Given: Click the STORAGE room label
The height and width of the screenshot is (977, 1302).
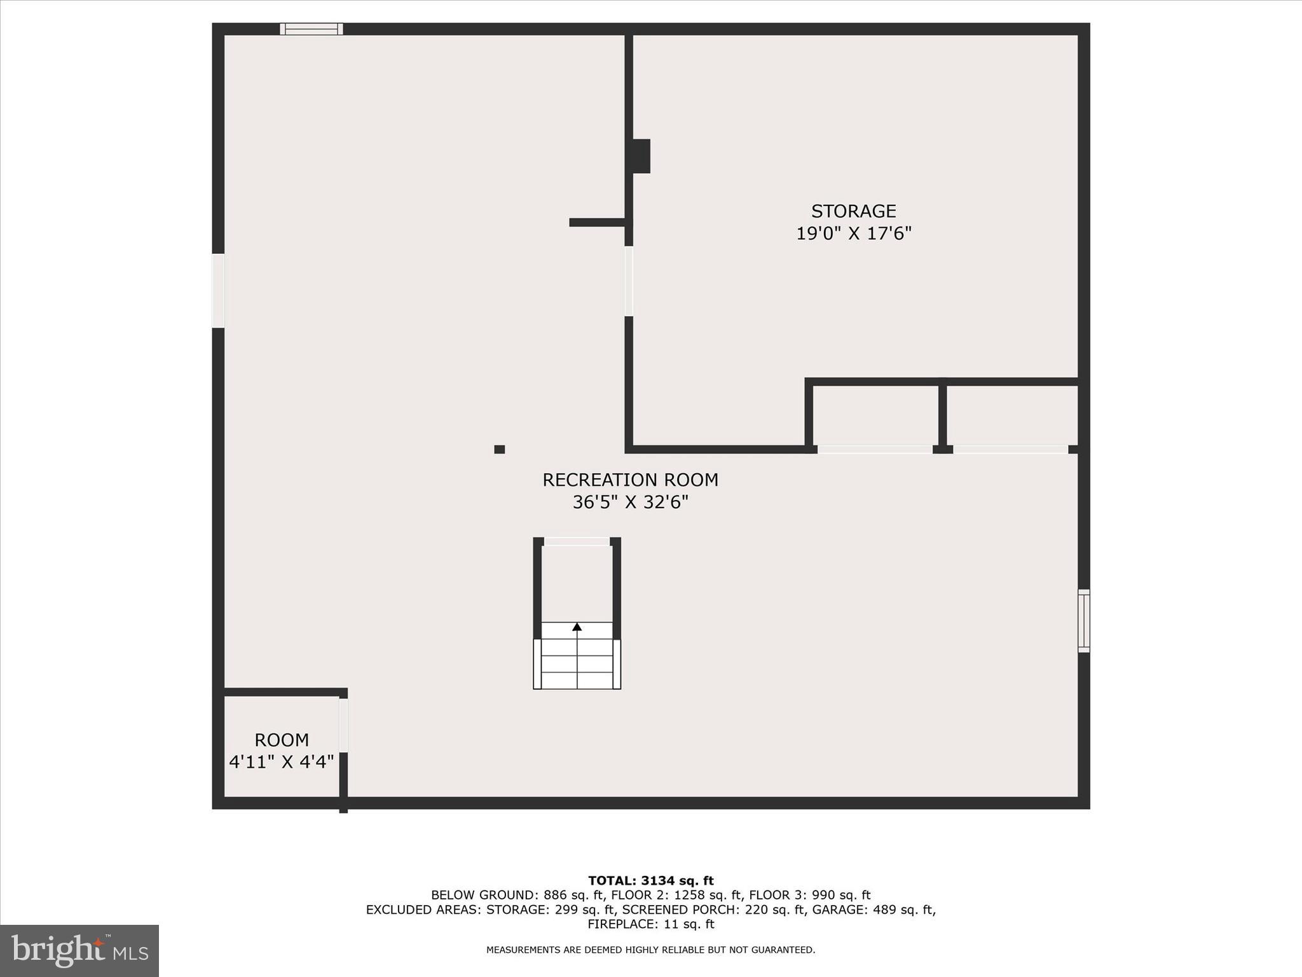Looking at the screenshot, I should (x=853, y=211).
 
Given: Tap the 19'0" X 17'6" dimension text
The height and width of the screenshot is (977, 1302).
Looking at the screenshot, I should (x=853, y=233).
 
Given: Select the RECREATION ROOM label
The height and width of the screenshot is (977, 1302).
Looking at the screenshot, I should (x=630, y=480).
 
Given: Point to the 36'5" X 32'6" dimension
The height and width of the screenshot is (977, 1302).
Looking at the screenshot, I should (x=630, y=502).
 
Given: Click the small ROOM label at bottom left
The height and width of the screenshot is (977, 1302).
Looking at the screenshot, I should (x=282, y=740).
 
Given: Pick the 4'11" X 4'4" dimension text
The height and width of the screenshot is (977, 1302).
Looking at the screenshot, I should (x=282, y=761).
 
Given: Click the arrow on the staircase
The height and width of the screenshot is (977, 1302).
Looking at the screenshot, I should (x=577, y=627).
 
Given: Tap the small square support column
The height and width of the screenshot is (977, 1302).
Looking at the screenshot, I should (x=500, y=449).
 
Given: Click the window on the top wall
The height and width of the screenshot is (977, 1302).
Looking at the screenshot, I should (x=312, y=29).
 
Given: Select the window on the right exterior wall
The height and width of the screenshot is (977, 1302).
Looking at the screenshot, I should (x=1084, y=621).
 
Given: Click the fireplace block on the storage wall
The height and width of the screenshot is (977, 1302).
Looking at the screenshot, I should (x=641, y=156).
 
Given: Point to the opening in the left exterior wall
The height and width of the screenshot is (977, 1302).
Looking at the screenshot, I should (x=218, y=291).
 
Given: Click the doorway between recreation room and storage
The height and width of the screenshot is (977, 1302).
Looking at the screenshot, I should (x=629, y=281).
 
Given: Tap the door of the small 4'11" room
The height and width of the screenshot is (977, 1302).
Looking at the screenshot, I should (x=343, y=725).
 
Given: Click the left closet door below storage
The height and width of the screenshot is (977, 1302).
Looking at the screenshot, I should (x=874, y=449).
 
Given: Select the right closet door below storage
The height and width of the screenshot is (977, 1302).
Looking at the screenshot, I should (x=1010, y=449).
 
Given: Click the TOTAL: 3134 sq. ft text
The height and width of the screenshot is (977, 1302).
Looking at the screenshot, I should (x=650, y=880).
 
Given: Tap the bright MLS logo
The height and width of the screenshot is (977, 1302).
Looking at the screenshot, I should (x=79, y=950).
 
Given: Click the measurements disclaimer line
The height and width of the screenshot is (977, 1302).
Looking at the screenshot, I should (x=650, y=950).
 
